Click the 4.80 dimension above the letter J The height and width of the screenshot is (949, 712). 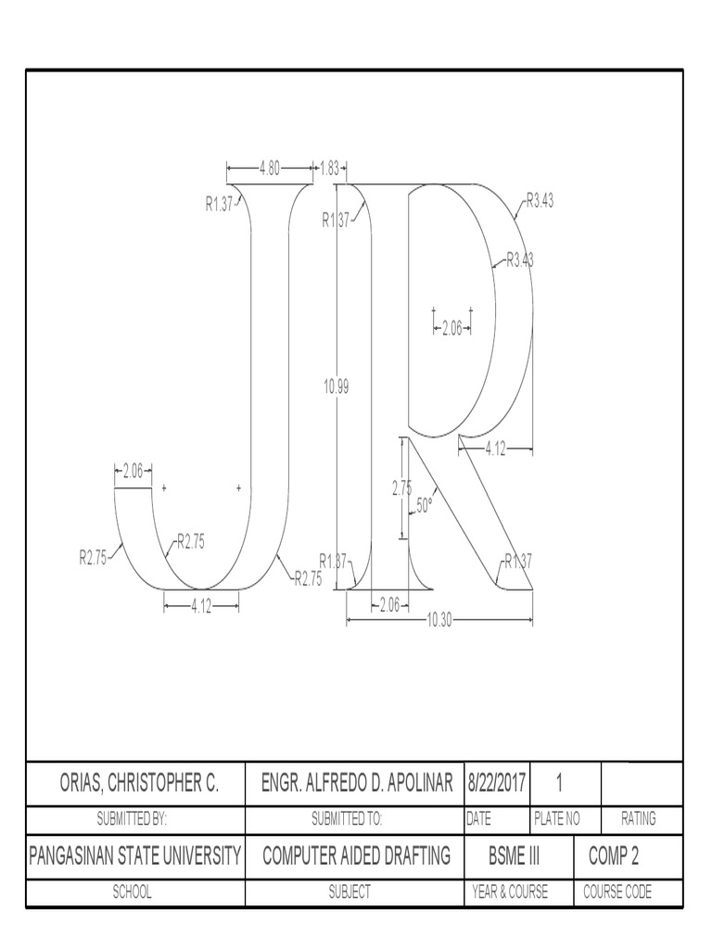pyautogui.click(x=270, y=169)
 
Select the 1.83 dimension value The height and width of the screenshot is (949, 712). pyautogui.click(x=329, y=169)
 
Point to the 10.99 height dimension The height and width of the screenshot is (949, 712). pyautogui.click(x=336, y=388)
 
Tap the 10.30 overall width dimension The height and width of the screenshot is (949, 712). pyautogui.click(x=439, y=621)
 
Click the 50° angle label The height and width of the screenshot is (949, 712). pyautogui.click(x=425, y=505)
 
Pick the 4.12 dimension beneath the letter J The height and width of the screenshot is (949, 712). pyautogui.click(x=202, y=606)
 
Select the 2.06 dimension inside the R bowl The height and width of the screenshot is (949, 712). pyautogui.click(x=451, y=327)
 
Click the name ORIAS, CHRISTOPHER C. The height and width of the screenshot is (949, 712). pyautogui.click(x=136, y=784)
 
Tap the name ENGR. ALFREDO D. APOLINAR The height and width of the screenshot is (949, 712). pyautogui.click(x=357, y=784)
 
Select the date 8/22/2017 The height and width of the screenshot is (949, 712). pyautogui.click(x=497, y=784)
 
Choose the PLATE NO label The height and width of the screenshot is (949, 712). pyautogui.click(x=557, y=819)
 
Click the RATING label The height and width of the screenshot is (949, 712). pyautogui.click(x=639, y=819)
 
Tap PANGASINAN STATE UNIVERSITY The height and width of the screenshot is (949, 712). pyautogui.click(x=136, y=856)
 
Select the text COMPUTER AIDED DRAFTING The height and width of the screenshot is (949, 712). pyautogui.click(x=357, y=856)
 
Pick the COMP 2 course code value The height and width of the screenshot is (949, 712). pyautogui.click(x=614, y=856)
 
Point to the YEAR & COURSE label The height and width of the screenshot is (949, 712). pyautogui.click(x=509, y=892)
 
